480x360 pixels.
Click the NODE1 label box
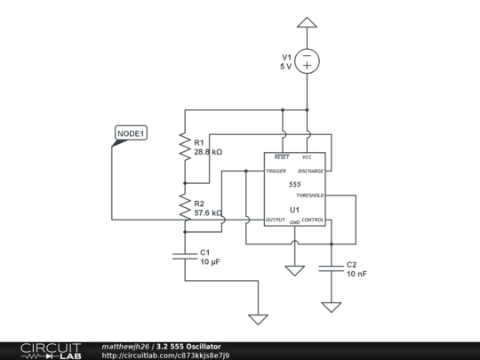click(x=131, y=133)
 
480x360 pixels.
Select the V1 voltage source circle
click(x=307, y=61)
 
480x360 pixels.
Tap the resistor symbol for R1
click(x=185, y=147)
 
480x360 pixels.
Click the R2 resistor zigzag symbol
click(x=185, y=207)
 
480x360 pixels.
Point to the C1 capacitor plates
click(x=185, y=256)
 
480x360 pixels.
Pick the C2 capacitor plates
click(x=332, y=268)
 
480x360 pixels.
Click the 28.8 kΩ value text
click(x=208, y=152)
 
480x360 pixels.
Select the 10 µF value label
click(x=211, y=261)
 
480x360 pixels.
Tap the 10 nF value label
click(x=356, y=274)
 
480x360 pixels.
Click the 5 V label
click(x=285, y=67)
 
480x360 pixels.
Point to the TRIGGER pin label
click(x=276, y=171)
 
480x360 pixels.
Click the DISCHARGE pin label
click(x=310, y=171)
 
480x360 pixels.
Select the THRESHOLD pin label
click(x=310, y=196)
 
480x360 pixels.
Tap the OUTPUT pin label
click(x=276, y=220)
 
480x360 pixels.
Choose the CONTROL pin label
click(x=313, y=220)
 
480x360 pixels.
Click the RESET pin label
click(x=282, y=157)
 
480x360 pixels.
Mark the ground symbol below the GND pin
click(x=295, y=270)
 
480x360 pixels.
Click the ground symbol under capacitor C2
click(x=332, y=308)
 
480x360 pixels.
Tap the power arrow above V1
click(x=307, y=22)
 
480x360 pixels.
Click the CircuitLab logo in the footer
click(x=51, y=351)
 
